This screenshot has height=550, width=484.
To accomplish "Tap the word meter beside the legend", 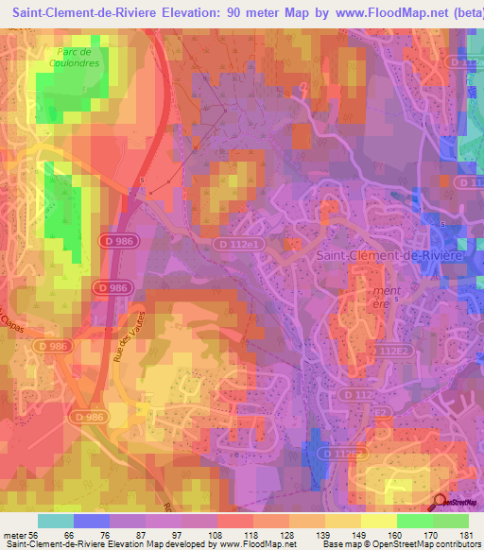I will point(13,534).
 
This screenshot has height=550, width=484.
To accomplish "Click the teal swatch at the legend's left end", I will point(56,521).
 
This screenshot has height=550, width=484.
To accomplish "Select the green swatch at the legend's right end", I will point(450,521).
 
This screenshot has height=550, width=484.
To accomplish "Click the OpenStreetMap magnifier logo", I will point(440,502).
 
